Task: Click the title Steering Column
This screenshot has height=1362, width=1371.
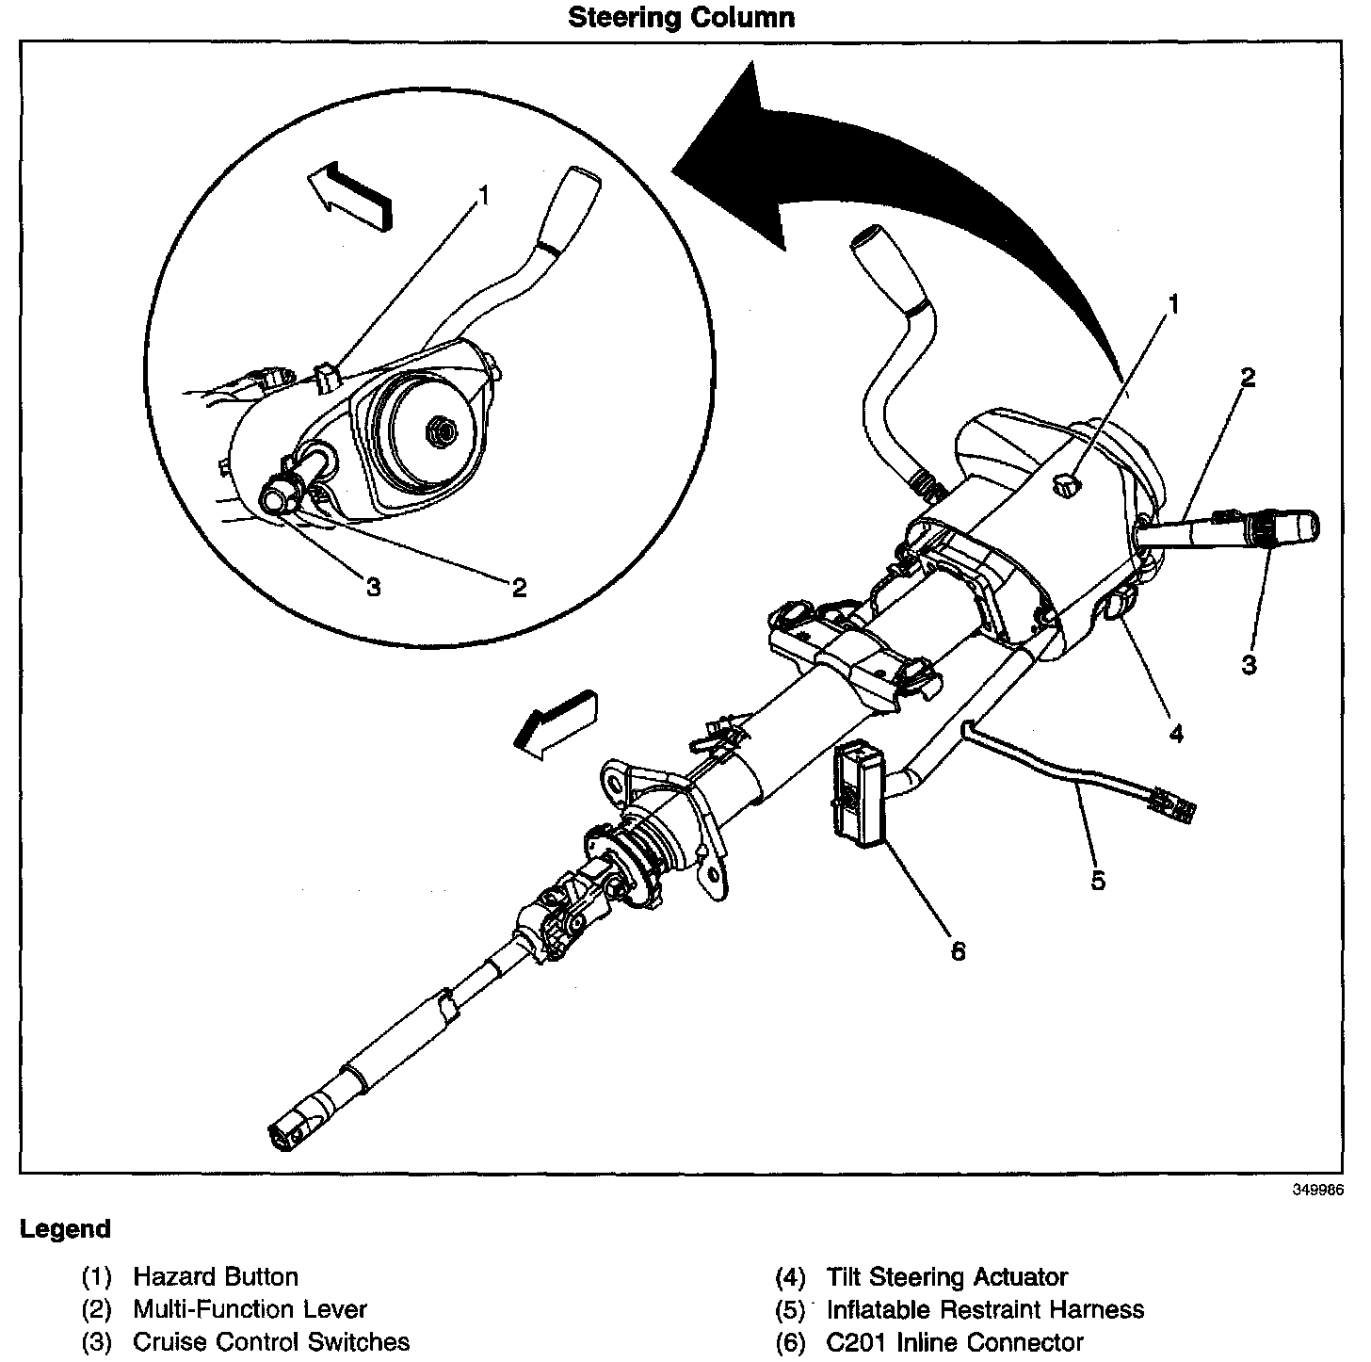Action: pos(681,17)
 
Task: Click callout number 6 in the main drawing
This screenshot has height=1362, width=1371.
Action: pos(958,951)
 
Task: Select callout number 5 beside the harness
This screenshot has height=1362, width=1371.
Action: pos(1098,881)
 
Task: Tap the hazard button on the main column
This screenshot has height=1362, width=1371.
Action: pos(1066,486)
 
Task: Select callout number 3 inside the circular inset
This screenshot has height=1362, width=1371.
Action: pos(373,587)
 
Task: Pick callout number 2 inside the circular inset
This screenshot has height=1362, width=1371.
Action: pos(519,588)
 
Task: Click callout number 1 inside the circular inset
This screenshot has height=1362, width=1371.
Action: pos(484,195)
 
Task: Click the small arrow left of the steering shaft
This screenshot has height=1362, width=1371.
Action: pos(556,721)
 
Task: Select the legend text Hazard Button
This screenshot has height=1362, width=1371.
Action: pos(216,1277)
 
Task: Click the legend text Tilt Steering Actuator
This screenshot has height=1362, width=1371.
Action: pos(946,1277)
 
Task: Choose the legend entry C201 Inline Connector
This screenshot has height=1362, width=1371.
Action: pos(955,1341)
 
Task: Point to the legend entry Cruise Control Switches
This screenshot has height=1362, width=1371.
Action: pos(271,1341)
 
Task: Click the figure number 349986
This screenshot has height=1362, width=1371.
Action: pos(1316,1189)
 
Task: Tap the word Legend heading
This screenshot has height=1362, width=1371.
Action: pos(65,1229)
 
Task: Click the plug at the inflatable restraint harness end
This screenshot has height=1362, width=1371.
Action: pos(1171,805)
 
